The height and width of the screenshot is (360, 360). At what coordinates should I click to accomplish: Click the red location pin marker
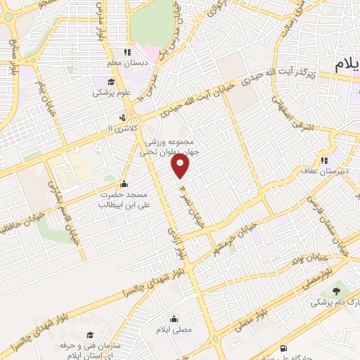(181, 167)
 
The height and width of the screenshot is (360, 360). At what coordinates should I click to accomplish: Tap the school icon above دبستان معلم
(127, 52)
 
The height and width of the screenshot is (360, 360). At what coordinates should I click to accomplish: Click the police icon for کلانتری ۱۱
(123, 117)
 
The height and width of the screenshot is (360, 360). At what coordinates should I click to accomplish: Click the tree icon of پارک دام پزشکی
(335, 291)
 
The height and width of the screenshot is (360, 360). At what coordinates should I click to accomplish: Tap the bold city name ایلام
(347, 64)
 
